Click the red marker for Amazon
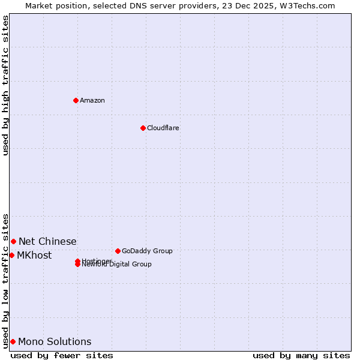point(76,100)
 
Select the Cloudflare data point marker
point(143,128)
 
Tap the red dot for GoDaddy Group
point(118,251)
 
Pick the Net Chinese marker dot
point(13,241)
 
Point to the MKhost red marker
point(11,255)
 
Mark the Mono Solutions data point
point(13,341)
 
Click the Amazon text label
point(92,100)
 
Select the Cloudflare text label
point(163,128)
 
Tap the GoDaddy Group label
point(147,251)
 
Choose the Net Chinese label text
point(47,241)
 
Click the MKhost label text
point(34,255)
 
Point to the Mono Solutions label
point(55,341)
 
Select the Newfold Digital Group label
point(117,265)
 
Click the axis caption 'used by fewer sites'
point(62,355)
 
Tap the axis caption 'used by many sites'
point(301,355)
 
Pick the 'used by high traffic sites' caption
point(6,85)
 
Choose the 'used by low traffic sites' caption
point(6,280)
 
